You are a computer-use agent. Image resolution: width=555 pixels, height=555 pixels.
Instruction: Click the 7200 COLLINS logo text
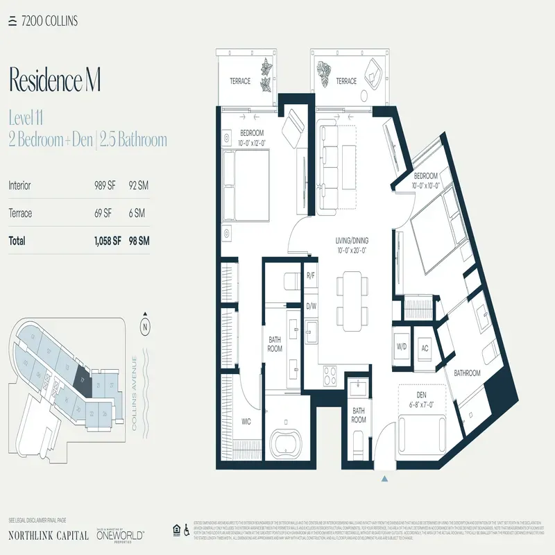(x=48, y=21)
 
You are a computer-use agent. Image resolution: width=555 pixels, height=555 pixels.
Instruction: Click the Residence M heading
(x=55, y=80)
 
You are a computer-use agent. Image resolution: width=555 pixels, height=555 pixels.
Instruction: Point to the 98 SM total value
(x=139, y=241)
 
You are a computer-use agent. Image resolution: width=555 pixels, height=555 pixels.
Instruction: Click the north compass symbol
(x=145, y=325)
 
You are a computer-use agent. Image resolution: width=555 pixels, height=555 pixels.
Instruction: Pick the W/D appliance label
(x=402, y=347)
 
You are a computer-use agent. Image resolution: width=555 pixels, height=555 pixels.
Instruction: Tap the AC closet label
(x=425, y=348)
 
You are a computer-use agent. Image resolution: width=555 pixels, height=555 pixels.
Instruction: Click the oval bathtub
(x=290, y=442)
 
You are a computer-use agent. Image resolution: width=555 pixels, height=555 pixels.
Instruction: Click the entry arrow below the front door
(x=384, y=477)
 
